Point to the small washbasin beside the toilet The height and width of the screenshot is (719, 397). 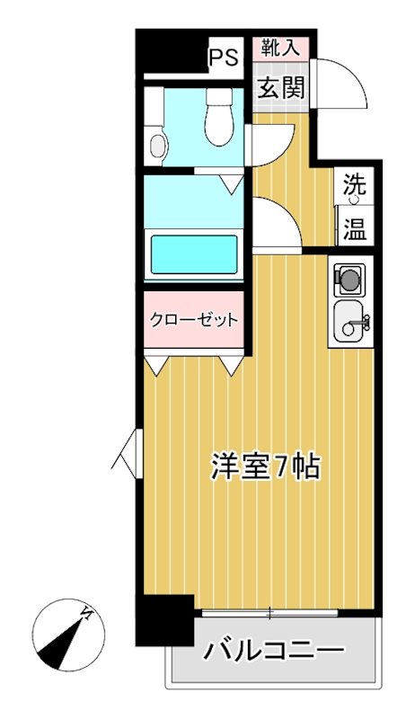pos(158,144)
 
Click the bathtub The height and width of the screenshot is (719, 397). pos(193,253)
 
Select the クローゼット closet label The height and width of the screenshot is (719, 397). pos(193,320)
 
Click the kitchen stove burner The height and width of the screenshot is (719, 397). pos(347,281)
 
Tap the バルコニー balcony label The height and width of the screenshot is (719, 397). pos(272,650)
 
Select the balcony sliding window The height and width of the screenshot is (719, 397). pos(269,614)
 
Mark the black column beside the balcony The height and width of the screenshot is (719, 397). pos(164,620)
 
